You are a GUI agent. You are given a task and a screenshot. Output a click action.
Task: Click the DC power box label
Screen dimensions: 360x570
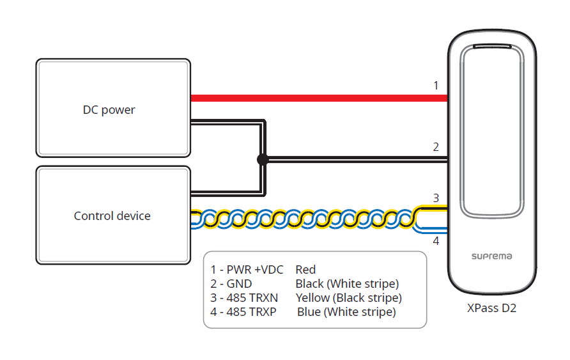click(109, 109)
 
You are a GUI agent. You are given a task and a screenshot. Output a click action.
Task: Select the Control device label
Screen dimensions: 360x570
click(112, 216)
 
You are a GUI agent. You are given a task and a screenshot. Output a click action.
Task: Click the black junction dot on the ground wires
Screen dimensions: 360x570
click(262, 160)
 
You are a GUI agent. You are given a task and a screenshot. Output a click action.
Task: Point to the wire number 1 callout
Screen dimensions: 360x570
click(436, 85)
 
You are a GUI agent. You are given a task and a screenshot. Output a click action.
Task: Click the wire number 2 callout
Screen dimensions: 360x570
click(436, 147)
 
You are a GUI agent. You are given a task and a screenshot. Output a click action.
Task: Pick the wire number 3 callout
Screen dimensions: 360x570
click(436, 198)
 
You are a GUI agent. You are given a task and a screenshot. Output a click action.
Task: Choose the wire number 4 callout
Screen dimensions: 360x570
click(436, 241)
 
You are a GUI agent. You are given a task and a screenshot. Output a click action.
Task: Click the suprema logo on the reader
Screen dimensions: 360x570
click(491, 256)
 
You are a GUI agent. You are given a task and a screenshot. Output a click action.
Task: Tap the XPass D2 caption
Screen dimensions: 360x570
click(491, 308)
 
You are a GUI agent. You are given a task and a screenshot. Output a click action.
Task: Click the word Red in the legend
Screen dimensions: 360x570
click(305, 270)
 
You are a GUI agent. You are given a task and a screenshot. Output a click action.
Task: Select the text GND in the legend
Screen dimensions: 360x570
click(240, 284)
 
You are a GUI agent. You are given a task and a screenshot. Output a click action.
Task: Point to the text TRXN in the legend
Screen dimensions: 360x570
click(268, 298)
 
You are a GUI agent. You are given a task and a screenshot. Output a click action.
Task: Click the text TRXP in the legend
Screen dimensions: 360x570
click(268, 312)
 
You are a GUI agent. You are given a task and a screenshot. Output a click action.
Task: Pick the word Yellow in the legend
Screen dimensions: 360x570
click(312, 298)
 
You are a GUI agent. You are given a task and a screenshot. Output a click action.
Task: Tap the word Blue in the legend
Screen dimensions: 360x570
click(309, 312)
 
